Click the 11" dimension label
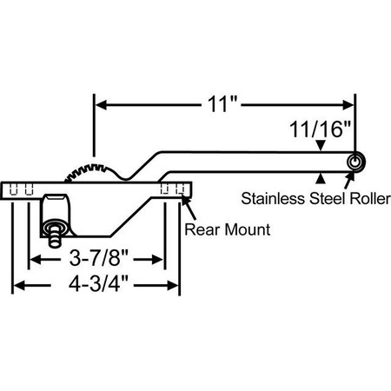tap(223, 105)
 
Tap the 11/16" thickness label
tap(321, 131)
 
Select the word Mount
tap(242, 230)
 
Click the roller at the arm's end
tap(355, 163)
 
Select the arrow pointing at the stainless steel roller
tap(350, 180)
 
